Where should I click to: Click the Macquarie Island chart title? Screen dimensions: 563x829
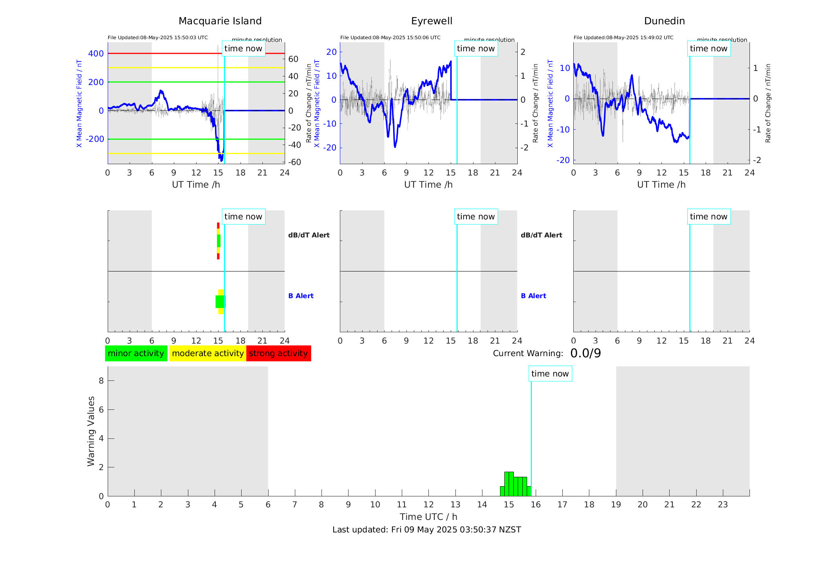tap(220, 21)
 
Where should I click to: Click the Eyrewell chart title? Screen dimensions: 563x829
tap(432, 21)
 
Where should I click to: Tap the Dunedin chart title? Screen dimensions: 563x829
tap(664, 21)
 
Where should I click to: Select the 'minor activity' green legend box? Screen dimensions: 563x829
tap(136, 353)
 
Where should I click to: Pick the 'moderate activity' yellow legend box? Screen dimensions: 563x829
tap(208, 353)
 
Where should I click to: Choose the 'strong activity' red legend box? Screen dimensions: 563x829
tap(278, 353)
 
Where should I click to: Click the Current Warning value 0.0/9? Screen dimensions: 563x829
tap(585, 353)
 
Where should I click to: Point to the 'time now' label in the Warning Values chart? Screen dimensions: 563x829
tap(550, 374)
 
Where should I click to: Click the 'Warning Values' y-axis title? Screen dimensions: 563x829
tap(91, 431)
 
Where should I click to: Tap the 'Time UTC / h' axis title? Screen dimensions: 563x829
tap(428, 517)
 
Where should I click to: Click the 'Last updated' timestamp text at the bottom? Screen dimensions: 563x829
tap(426, 530)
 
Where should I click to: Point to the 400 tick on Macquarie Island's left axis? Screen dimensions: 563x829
tap(96, 54)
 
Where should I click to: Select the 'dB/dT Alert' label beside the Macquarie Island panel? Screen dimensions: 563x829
tap(309, 235)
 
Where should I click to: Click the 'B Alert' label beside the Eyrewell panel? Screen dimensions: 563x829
tap(533, 296)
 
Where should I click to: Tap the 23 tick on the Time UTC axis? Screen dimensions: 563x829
tap(722, 505)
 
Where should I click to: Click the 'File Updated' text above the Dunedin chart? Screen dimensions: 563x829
tap(623, 38)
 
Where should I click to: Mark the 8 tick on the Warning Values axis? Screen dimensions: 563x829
tap(101, 381)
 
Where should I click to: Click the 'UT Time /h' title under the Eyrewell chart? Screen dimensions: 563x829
tap(428, 185)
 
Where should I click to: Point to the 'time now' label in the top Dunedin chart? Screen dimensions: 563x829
tap(708, 49)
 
